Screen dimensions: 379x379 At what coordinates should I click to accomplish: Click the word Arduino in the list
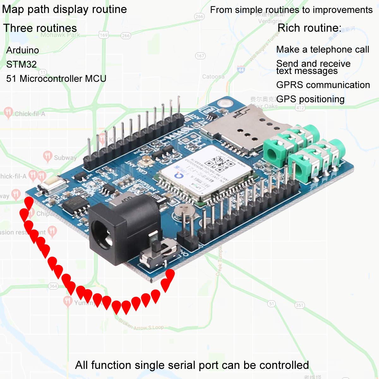(x=22, y=50)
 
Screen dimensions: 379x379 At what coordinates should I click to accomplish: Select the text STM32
(x=21, y=64)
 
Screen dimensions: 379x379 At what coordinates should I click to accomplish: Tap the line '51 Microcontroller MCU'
(x=56, y=79)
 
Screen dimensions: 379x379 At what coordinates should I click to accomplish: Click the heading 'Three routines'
(x=40, y=28)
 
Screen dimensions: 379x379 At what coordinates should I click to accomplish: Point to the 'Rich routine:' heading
(x=309, y=28)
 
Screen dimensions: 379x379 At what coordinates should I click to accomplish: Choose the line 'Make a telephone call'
(x=322, y=50)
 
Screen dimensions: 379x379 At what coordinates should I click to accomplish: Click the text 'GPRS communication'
(x=323, y=85)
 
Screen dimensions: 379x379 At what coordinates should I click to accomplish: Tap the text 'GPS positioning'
(x=310, y=99)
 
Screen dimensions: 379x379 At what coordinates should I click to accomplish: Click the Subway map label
(x=65, y=157)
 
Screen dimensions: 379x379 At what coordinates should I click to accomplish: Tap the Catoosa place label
(x=213, y=76)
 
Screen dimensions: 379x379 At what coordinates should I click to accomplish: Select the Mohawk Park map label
(x=60, y=35)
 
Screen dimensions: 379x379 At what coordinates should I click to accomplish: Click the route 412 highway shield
(x=300, y=108)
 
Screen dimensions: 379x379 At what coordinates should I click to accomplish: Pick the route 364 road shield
(x=53, y=286)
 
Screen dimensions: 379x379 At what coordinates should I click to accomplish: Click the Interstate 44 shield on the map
(x=241, y=69)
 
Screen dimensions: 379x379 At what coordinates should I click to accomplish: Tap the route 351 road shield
(x=299, y=305)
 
